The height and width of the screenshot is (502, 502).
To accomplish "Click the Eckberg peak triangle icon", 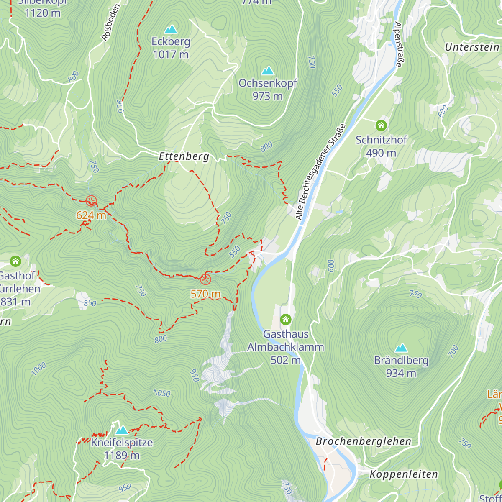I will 171,29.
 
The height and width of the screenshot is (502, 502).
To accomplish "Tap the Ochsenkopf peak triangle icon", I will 268,71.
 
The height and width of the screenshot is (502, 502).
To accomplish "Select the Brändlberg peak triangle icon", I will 401,348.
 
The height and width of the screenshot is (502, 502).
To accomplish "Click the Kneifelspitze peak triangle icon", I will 122,430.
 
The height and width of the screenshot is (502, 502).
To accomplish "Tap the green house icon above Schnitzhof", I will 381,125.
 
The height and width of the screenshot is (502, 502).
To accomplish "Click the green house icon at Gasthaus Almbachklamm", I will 286,320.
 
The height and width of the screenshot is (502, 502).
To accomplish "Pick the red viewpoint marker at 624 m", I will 91,201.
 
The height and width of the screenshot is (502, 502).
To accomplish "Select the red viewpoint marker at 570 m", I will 205,279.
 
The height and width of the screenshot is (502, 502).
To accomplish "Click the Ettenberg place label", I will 184,156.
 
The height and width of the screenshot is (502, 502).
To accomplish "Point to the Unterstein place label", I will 472,47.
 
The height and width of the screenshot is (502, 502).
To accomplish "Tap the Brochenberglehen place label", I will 364,441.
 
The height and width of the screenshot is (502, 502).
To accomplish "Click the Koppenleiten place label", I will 404,474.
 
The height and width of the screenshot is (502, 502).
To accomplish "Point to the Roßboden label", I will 111,23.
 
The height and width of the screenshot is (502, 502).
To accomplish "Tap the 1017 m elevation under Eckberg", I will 171,54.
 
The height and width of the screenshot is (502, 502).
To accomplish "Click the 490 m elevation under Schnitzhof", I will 381,153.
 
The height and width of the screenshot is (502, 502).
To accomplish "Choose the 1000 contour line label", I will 38,369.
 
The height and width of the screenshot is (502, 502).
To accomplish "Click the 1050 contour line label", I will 162,393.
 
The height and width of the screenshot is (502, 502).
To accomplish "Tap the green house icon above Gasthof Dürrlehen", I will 15,261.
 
